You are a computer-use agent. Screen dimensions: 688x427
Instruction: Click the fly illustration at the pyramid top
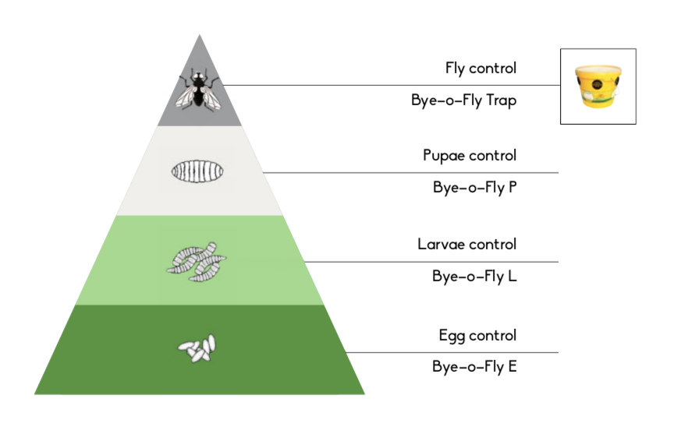point(199,88)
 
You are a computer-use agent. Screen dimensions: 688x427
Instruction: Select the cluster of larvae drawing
point(196,259)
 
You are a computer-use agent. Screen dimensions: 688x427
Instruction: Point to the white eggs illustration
point(197,348)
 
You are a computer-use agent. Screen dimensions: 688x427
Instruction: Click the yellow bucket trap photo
point(598,86)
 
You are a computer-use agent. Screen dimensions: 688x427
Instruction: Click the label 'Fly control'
point(481,69)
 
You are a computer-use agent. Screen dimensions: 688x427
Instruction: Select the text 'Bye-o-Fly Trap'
point(463,101)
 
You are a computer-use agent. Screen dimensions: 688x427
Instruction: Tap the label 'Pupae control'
point(469,156)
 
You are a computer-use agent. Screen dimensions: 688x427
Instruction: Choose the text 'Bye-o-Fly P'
point(474,188)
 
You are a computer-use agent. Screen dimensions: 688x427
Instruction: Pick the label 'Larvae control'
point(466,245)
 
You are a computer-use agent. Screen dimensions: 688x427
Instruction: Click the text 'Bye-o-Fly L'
point(474,276)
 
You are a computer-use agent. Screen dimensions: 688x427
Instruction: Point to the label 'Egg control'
point(477,336)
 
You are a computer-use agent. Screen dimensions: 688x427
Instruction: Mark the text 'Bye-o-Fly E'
point(474,366)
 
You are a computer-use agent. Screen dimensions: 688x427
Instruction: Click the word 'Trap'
point(500,101)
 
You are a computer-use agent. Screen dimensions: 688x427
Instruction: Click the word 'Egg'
point(451,337)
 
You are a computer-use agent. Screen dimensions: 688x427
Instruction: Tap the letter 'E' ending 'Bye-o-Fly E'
point(512,366)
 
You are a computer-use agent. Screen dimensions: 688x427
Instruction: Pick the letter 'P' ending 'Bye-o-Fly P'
point(512,188)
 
